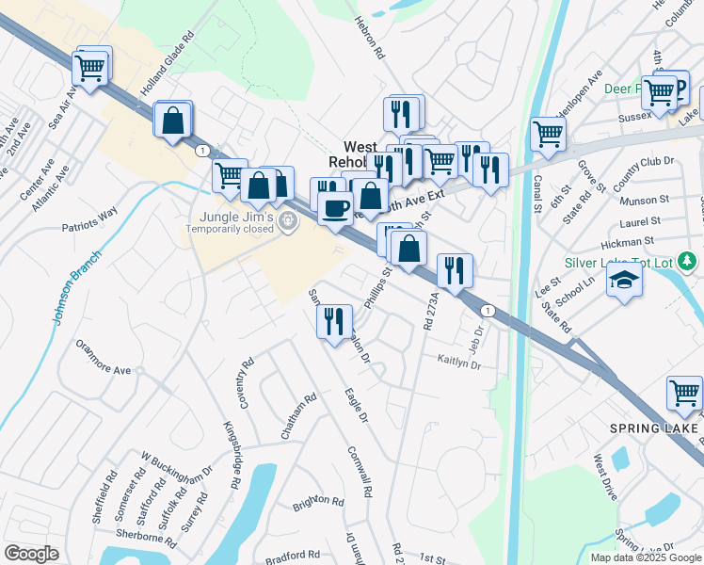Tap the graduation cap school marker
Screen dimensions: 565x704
pyautogui.click(x=624, y=281)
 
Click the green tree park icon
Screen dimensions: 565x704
pyautogui.click(x=690, y=260)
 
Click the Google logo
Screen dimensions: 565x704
pyautogui.click(x=31, y=554)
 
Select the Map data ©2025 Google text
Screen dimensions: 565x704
pyautogui.click(x=645, y=557)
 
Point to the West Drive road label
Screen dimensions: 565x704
pyautogui.click(x=605, y=477)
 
